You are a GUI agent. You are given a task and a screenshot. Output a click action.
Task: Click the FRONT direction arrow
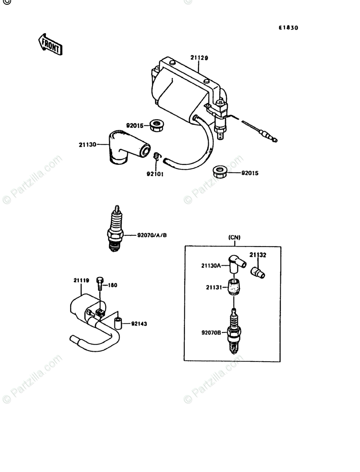click(50, 44)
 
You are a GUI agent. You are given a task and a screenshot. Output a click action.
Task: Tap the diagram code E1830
click(288, 28)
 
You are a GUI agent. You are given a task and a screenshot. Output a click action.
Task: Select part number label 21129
click(199, 58)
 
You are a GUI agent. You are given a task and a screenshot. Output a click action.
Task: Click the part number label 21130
click(87, 144)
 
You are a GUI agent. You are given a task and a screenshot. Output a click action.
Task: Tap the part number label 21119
click(81, 280)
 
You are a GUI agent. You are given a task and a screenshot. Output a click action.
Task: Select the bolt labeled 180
click(100, 283)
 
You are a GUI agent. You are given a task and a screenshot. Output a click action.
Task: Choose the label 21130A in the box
click(211, 266)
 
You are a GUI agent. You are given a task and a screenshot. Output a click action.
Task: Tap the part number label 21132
click(258, 255)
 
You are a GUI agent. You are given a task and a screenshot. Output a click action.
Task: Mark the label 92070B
click(211, 333)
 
